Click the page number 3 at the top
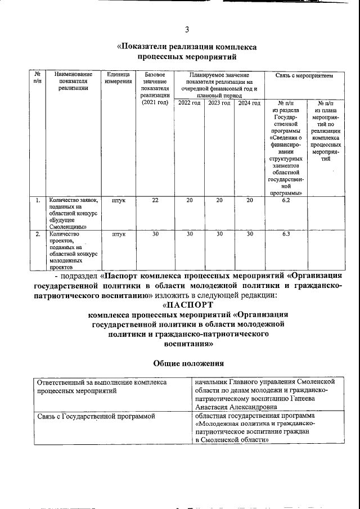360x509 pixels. (187, 30)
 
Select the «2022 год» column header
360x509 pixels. (189, 103)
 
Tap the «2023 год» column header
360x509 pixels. (219, 103)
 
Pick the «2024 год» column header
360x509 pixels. (249, 103)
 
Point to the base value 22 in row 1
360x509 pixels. (155, 200)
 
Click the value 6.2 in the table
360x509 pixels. (286, 200)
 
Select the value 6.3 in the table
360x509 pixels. (286, 235)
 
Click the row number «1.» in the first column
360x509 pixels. (37, 200)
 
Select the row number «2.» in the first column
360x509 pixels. (37, 235)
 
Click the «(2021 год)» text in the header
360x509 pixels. (155, 102)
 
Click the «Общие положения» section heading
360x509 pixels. (186, 363)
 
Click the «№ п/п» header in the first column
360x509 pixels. (37, 78)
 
